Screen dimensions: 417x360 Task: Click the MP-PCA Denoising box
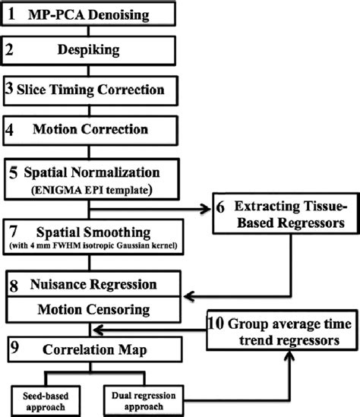tap(92, 14)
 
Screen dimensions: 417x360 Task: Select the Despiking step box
tap(92, 52)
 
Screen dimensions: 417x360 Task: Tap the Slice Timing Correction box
tap(92, 90)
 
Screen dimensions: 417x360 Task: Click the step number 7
tap(11, 229)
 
